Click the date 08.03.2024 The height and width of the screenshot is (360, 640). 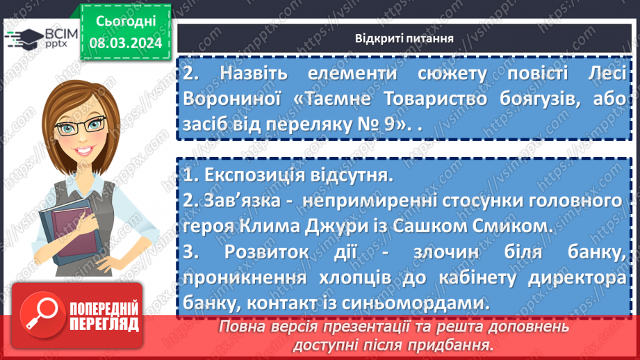(125, 43)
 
